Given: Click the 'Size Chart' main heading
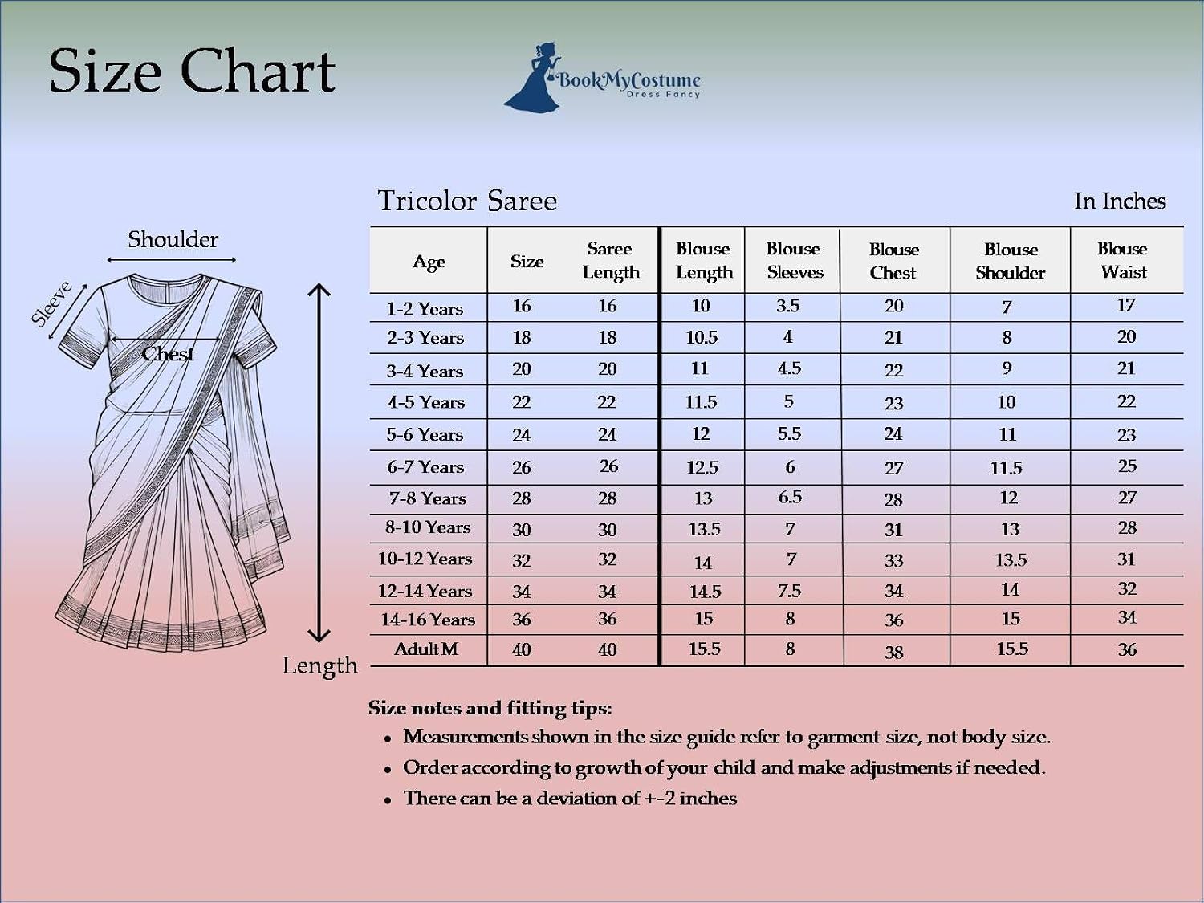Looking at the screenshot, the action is click(x=192, y=71).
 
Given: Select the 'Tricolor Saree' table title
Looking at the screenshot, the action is click(x=467, y=201).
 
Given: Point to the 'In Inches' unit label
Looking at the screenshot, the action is click(x=1120, y=201).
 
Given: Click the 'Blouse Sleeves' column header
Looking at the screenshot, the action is click(x=795, y=260).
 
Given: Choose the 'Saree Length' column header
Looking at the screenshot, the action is click(x=611, y=261).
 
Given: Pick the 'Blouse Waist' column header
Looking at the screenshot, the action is click(x=1122, y=260).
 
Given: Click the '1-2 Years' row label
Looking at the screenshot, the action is click(x=425, y=309).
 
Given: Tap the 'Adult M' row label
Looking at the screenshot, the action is click(x=425, y=649).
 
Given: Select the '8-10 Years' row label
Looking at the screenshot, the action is click(x=427, y=527).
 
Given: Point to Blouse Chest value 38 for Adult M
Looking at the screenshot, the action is click(x=893, y=652).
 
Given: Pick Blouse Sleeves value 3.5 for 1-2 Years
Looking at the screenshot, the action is click(x=787, y=305).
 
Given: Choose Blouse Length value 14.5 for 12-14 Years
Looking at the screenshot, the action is click(x=705, y=592).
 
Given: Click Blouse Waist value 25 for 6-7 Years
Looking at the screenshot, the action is click(x=1127, y=466).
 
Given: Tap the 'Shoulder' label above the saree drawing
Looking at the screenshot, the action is click(x=173, y=239).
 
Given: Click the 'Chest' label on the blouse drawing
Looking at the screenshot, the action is click(x=168, y=354).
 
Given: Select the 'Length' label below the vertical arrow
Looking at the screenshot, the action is click(x=319, y=665).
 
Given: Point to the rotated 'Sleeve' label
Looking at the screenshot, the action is click(x=51, y=303).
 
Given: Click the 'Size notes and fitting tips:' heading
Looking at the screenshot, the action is click(x=490, y=709).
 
